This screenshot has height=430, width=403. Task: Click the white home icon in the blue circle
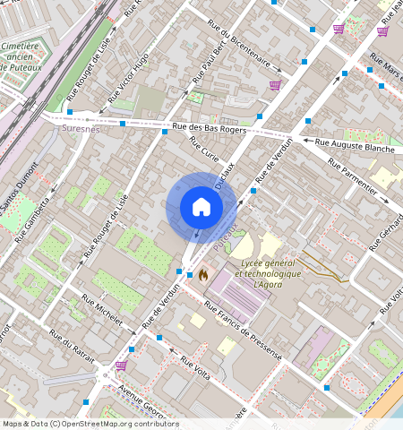click(x=201, y=207)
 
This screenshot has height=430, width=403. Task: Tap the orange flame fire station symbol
click(x=203, y=275)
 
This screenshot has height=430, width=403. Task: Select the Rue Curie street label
click(x=204, y=150)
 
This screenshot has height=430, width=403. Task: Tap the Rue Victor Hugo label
click(x=129, y=78)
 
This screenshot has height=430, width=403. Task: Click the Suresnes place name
click(x=83, y=129)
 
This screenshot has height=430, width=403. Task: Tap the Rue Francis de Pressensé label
click(x=243, y=331)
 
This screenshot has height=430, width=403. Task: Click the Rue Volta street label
click(x=195, y=368)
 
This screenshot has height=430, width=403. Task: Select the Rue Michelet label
click(x=101, y=310)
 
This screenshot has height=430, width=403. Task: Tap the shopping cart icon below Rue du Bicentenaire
click(x=275, y=86)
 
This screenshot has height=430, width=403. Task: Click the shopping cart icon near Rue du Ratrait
click(x=121, y=365)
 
